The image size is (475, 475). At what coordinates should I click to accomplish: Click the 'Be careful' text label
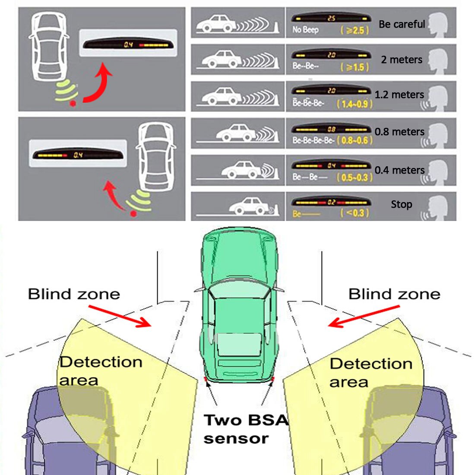coord(402,25)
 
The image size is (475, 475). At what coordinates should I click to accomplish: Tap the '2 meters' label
coord(402,60)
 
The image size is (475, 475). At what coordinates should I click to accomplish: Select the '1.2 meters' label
coord(399,95)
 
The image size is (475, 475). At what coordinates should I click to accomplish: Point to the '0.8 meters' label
coord(399,132)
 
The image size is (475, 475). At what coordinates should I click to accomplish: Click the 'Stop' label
coord(402,204)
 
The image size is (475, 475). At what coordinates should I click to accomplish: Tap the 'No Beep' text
coord(305,30)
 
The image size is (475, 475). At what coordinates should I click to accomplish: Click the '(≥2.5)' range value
coord(355,30)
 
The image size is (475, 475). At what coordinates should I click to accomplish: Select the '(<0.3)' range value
coord(355,213)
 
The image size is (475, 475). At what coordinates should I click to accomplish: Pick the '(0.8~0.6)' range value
coord(355,140)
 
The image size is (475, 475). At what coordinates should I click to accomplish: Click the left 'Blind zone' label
coord(74,294)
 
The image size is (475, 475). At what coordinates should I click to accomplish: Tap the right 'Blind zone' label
coord(394,294)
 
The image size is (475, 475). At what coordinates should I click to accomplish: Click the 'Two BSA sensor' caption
coord(245,429)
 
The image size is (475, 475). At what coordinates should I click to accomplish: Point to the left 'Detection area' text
coord(101,371)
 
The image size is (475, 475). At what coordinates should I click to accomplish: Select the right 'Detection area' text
coord(370,373)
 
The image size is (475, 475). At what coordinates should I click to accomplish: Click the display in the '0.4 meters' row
coord(331,166)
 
